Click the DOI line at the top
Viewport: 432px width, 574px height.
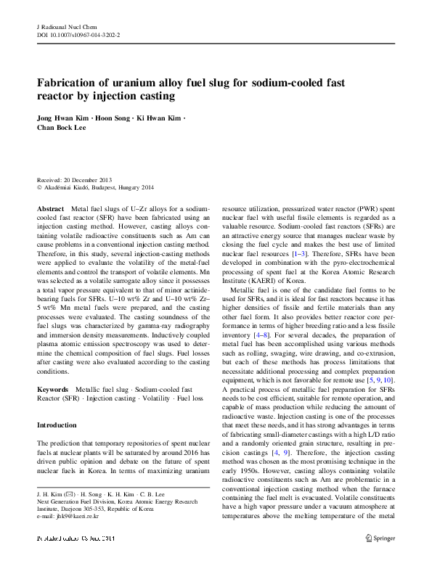point(78,34)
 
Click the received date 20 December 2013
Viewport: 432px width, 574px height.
point(89,179)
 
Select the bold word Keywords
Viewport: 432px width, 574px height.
point(52,390)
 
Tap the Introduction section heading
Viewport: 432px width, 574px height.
point(57,425)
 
